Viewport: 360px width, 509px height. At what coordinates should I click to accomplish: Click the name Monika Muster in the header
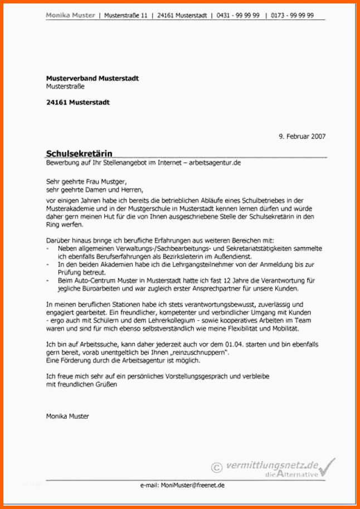point(70,16)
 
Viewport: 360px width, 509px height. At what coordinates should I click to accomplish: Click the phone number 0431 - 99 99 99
point(240,16)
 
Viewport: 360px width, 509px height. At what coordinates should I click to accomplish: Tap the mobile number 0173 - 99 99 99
point(293,16)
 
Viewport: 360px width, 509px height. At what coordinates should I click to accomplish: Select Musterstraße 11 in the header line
point(126,16)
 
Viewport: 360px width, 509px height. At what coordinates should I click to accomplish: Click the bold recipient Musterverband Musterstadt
point(92,79)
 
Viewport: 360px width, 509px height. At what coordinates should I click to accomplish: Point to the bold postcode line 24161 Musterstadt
point(77,102)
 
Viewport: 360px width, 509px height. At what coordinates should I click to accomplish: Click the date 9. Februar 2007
point(302,136)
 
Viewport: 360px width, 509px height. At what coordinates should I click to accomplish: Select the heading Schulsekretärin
point(79,153)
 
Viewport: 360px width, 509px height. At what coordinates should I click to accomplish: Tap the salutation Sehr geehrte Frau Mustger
point(86,182)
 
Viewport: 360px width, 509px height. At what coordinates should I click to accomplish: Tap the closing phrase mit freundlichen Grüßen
point(81,384)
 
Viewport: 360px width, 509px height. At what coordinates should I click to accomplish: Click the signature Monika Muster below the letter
point(67,416)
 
